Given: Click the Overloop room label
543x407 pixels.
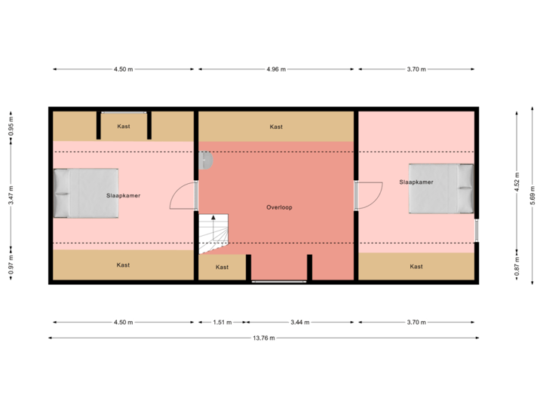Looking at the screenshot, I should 279,207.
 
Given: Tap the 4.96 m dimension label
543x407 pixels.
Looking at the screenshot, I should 276,69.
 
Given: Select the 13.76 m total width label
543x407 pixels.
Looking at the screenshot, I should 264,338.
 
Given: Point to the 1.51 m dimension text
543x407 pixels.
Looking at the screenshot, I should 222,322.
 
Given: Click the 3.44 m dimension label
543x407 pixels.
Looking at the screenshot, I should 299,322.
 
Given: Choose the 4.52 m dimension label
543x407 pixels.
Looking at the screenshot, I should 517,185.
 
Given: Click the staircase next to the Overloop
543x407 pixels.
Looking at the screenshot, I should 213,233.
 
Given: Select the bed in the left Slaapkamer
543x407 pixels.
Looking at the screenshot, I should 86,193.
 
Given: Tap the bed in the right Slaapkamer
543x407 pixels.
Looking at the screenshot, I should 441,188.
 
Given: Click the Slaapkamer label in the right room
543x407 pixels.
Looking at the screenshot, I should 416,182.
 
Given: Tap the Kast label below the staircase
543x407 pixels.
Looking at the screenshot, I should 222,267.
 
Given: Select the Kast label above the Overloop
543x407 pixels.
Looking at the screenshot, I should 276,127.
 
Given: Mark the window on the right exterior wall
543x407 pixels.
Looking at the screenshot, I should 477,230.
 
